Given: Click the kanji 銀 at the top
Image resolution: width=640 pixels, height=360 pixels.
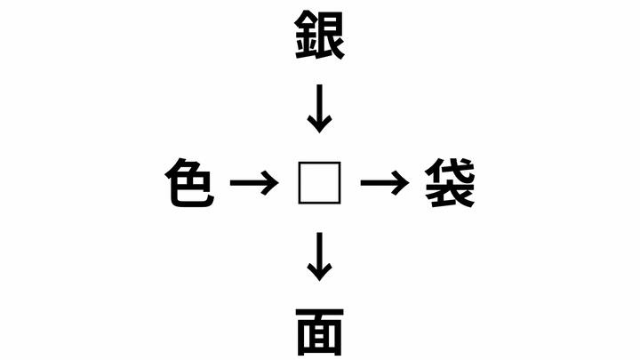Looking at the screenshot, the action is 320,35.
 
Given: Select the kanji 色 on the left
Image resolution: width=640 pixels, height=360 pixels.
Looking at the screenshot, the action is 189,183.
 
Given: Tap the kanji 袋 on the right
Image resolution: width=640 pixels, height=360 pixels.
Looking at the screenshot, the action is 450,183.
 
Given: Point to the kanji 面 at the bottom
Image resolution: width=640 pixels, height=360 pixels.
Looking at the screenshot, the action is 320,332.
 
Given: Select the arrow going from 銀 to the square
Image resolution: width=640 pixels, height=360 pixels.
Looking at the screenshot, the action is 320,108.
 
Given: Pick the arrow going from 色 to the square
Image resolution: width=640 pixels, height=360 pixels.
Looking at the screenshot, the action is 254,183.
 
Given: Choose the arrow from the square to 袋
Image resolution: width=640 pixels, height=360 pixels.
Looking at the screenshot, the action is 385,183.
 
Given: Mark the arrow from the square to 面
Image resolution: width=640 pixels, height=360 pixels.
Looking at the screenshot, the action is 320,257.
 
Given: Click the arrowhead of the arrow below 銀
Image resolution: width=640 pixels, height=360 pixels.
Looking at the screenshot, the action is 320,124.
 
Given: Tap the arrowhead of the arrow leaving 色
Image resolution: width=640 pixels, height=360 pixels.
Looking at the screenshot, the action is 271,183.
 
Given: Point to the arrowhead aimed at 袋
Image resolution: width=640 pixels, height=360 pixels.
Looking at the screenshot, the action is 401,183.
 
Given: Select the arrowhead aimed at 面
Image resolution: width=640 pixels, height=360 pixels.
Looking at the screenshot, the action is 320,273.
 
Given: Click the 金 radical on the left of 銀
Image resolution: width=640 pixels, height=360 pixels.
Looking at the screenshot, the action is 306,36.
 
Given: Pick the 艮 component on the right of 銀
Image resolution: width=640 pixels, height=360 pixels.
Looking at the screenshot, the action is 332,36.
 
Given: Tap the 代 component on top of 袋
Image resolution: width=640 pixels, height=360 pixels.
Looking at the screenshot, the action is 450,170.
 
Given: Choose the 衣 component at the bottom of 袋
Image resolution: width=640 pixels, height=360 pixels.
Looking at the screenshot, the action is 450,195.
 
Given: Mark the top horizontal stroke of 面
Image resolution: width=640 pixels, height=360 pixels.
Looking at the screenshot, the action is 320,312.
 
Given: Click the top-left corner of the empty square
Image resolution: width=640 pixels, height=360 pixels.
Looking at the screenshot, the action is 299,163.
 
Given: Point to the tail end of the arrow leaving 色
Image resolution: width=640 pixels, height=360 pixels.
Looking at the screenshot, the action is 231,183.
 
